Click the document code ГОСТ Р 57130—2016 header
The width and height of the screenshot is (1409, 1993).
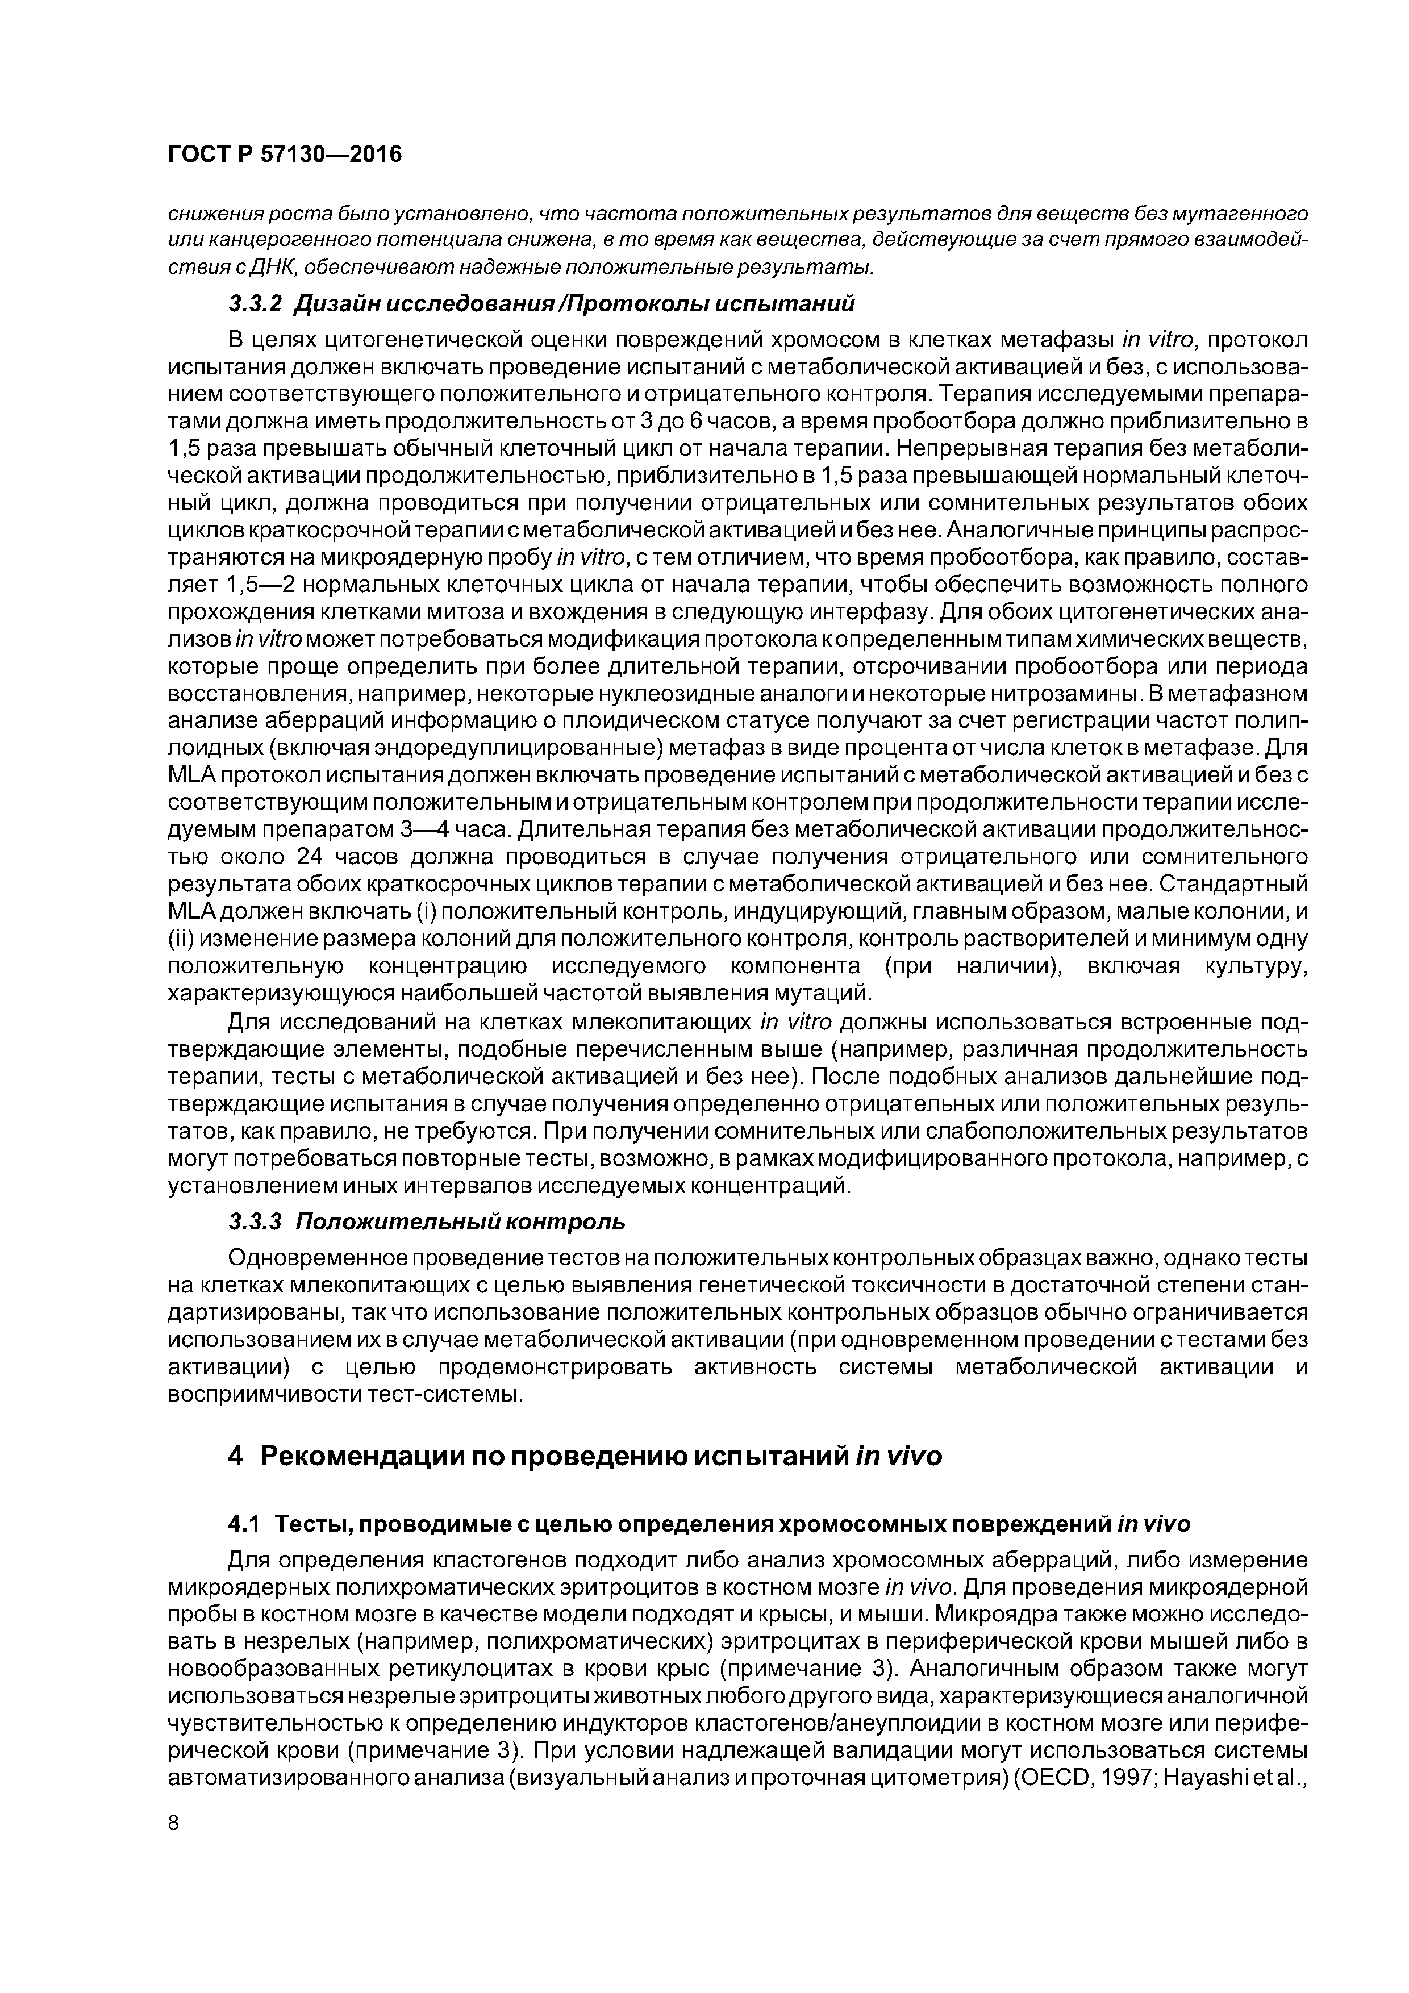point(284,155)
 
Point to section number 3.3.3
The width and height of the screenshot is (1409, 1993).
point(255,1221)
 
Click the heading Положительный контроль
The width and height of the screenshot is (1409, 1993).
point(460,1221)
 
